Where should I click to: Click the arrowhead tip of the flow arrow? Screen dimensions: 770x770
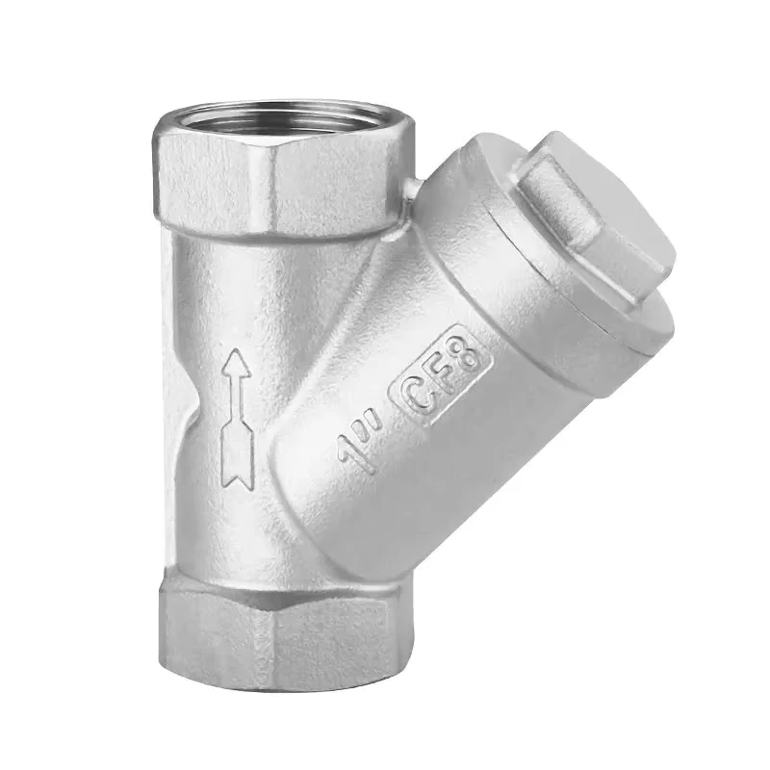237,350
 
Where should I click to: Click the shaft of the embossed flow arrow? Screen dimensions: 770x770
238,398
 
